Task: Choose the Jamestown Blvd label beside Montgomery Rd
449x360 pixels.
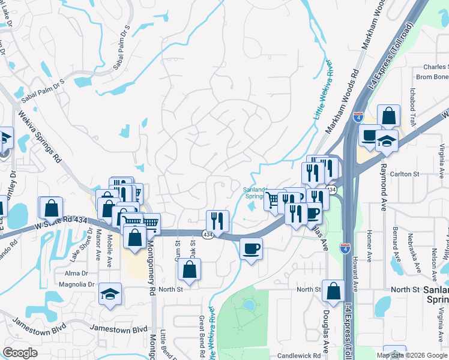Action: tap(118, 329)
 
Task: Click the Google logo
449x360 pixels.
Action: tap(20, 353)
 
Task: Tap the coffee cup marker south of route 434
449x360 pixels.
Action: tap(251, 247)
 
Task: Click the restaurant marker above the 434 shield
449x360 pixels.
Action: tap(217, 220)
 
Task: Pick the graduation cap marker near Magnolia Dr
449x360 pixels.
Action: tap(110, 293)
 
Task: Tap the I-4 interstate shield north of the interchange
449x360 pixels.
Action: tap(358, 116)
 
